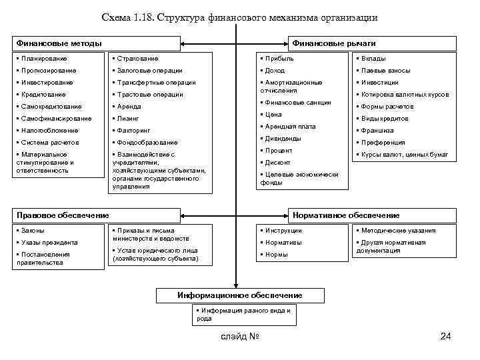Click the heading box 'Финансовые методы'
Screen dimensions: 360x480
tap(97, 44)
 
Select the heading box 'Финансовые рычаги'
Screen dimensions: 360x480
tap(372, 44)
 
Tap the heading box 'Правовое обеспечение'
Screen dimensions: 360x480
tap(97, 215)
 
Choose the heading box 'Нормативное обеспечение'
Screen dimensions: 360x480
tap(372, 215)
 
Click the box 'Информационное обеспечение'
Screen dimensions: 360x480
tap(239, 295)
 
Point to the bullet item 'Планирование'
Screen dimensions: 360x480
tap(40, 59)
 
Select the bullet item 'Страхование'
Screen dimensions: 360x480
tap(137, 59)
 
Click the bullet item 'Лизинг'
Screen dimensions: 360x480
tap(129, 118)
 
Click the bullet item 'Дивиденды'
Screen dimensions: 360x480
tap(284, 139)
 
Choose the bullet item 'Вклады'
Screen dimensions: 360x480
tap(373, 59)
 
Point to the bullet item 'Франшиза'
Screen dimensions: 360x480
tap(377, 131)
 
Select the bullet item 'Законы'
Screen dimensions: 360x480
tap(33, 231)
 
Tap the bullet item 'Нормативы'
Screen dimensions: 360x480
tap(284, 243)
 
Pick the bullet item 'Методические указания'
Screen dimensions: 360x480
tap(399, 231)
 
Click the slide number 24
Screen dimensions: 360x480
tap(446, 336)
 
